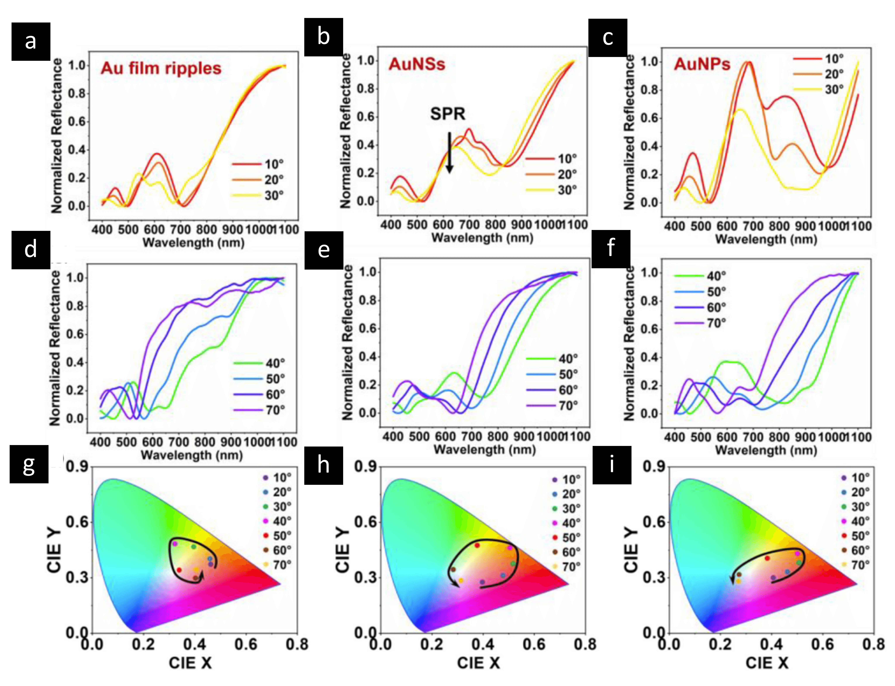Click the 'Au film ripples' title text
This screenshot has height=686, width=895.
[x=161, y=68]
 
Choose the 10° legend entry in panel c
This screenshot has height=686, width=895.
[x=819, y=59]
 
